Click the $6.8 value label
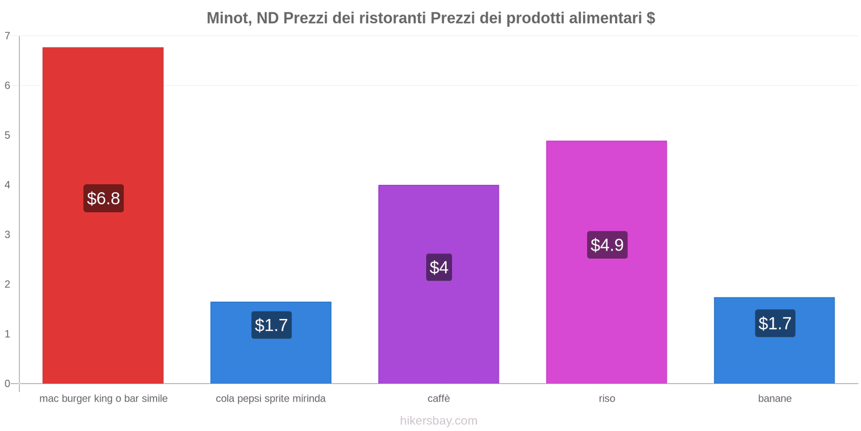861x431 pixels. pos(103,198)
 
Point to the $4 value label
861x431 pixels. pos(439,267)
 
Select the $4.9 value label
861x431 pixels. pos(607,245)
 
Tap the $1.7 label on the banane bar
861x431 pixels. pos(775,323)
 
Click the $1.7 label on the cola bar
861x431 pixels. pos(271,325)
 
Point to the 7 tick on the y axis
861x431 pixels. pos(8,36)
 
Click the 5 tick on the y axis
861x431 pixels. pos(8,135)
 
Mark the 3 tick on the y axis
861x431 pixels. pos(8,234)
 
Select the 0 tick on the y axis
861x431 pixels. pos(8,384)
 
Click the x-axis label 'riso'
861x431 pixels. pos(607,399)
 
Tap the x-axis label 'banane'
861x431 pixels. pos(775,399)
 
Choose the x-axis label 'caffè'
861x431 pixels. pos(439,399)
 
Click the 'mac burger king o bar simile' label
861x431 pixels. pos(103,399)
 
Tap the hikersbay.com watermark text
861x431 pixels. pos(439,421)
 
